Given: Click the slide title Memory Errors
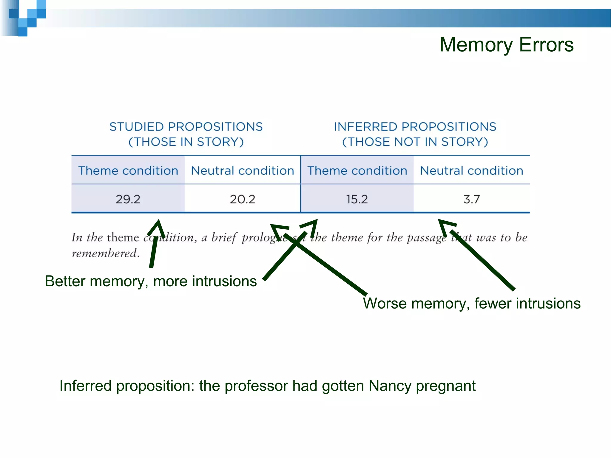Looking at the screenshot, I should pos(506,45).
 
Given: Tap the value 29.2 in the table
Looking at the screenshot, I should pos(128,199).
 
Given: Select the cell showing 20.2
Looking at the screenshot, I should pos(243,199).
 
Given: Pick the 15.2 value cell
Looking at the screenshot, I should pos(357,199).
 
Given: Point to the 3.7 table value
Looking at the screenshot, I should pos(472,199).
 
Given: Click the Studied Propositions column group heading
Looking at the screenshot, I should pos(186,134).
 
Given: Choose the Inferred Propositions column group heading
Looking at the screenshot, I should pos(415,134).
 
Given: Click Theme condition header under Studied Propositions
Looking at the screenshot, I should pos(128,171).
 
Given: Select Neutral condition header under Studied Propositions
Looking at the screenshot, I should pos(243,171).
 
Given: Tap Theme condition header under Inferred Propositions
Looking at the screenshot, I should pos(357,171).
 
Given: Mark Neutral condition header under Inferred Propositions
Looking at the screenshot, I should pos(472,171).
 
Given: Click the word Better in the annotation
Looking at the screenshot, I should pos(65,281).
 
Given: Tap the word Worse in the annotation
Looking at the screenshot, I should pos(385,304).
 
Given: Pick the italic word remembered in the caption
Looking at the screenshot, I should pos(104,253).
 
